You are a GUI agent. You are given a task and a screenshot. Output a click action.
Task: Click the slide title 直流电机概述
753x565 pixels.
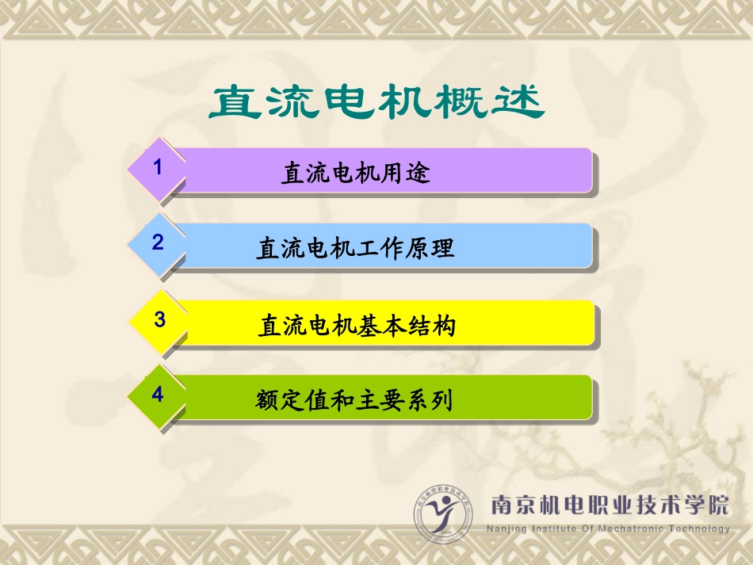pos(376,104)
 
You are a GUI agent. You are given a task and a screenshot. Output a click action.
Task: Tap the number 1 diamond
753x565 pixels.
pos(158,168)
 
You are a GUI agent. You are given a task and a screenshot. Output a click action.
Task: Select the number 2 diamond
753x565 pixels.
pos(158,243)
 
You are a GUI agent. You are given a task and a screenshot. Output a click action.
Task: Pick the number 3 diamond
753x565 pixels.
pos(159,320)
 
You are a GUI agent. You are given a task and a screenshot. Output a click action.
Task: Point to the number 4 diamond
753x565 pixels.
pos(158,395)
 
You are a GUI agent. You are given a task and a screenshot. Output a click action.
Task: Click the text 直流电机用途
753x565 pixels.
pos(355,173)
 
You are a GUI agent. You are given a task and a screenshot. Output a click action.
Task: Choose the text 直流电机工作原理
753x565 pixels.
pos(355,249)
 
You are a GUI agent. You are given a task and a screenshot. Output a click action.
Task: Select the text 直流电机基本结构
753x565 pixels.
pos(357,326)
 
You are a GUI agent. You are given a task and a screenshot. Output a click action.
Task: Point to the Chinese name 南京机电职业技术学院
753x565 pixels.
pos(610,505)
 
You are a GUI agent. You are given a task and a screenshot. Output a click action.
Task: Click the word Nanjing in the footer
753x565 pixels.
pos(512,529)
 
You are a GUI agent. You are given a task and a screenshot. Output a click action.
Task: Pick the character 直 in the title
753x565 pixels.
pos(237,104)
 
